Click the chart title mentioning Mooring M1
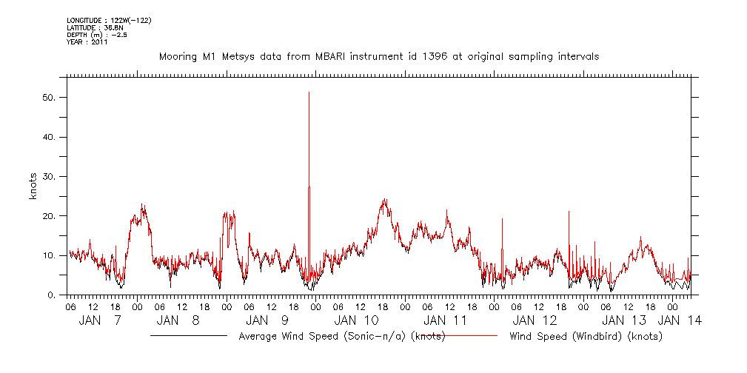[x=378, y=56]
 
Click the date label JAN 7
[x=101, y=320]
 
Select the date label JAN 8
[x=179, y=320]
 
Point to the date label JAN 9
[x=267, y=320]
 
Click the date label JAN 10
[x=357, y=320]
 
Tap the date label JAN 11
[x=446, y=320]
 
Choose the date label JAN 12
[x=535, y=320]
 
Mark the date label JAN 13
[x=624, y=320]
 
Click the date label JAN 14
[x=681, y=320]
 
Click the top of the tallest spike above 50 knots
[x=309, y=93]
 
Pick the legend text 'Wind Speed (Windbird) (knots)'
[x=586, y=336]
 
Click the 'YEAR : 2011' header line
[x=87, y=42]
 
